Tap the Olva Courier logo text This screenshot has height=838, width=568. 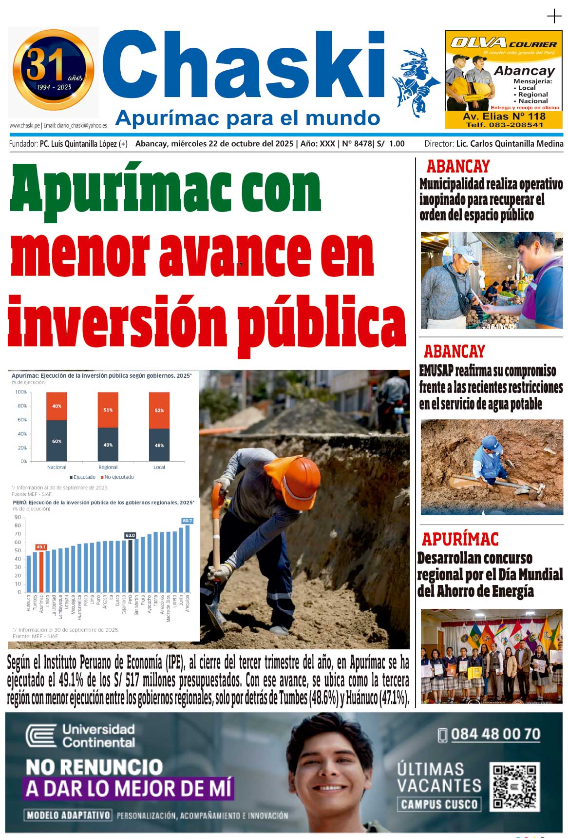click(503, 43)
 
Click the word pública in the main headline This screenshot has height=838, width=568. click(322, 322)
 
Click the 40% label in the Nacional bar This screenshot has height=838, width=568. click(57, 406)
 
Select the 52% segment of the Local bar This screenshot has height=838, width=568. click(159, 410)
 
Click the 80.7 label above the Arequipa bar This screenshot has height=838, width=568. click(188, 521)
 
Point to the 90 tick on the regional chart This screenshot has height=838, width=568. click(18, 517)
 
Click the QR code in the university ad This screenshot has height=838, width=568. click(514, 787)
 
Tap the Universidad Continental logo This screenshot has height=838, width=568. click(81, 736)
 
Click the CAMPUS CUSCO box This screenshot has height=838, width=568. click(439, 804)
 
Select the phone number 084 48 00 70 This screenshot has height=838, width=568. click(495, 734)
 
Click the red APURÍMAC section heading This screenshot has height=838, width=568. click(460, 539)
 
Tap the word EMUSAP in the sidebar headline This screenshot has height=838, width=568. click(436, 371)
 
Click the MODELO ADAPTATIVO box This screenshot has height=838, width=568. click(68, 815)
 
